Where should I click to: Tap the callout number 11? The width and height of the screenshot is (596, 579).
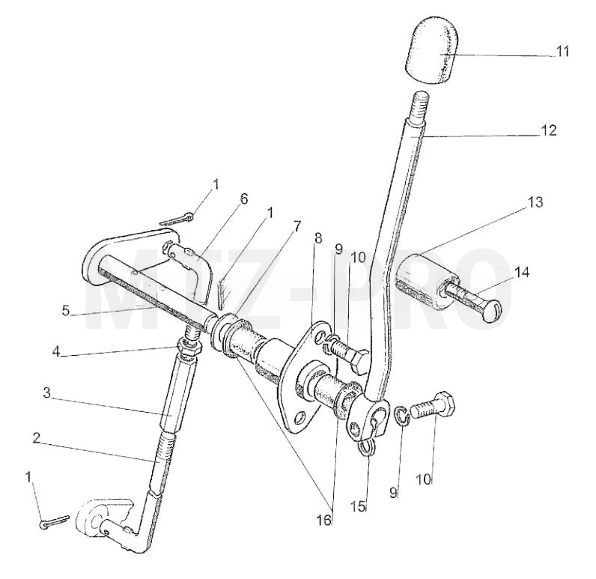(562, 52)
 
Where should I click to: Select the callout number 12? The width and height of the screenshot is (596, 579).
(548, 130)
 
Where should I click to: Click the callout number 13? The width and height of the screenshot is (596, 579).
(535, 202)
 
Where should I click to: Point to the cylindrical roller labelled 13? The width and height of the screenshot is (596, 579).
(421, 282)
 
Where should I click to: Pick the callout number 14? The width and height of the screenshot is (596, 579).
(522, 272)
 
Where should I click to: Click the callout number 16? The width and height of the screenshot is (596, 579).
(324, 521)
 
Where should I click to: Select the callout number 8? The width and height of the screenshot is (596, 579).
(318, 238)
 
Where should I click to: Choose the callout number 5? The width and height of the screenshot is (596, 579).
(66, 311)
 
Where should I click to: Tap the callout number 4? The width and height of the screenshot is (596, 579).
(56, 352)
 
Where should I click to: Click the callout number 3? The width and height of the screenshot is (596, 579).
(46, 393)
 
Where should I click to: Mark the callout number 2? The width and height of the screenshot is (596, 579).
(36, 438)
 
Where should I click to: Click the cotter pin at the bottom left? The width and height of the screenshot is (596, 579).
(55, 521)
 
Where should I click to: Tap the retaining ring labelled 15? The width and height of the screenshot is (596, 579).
(368, 447)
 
